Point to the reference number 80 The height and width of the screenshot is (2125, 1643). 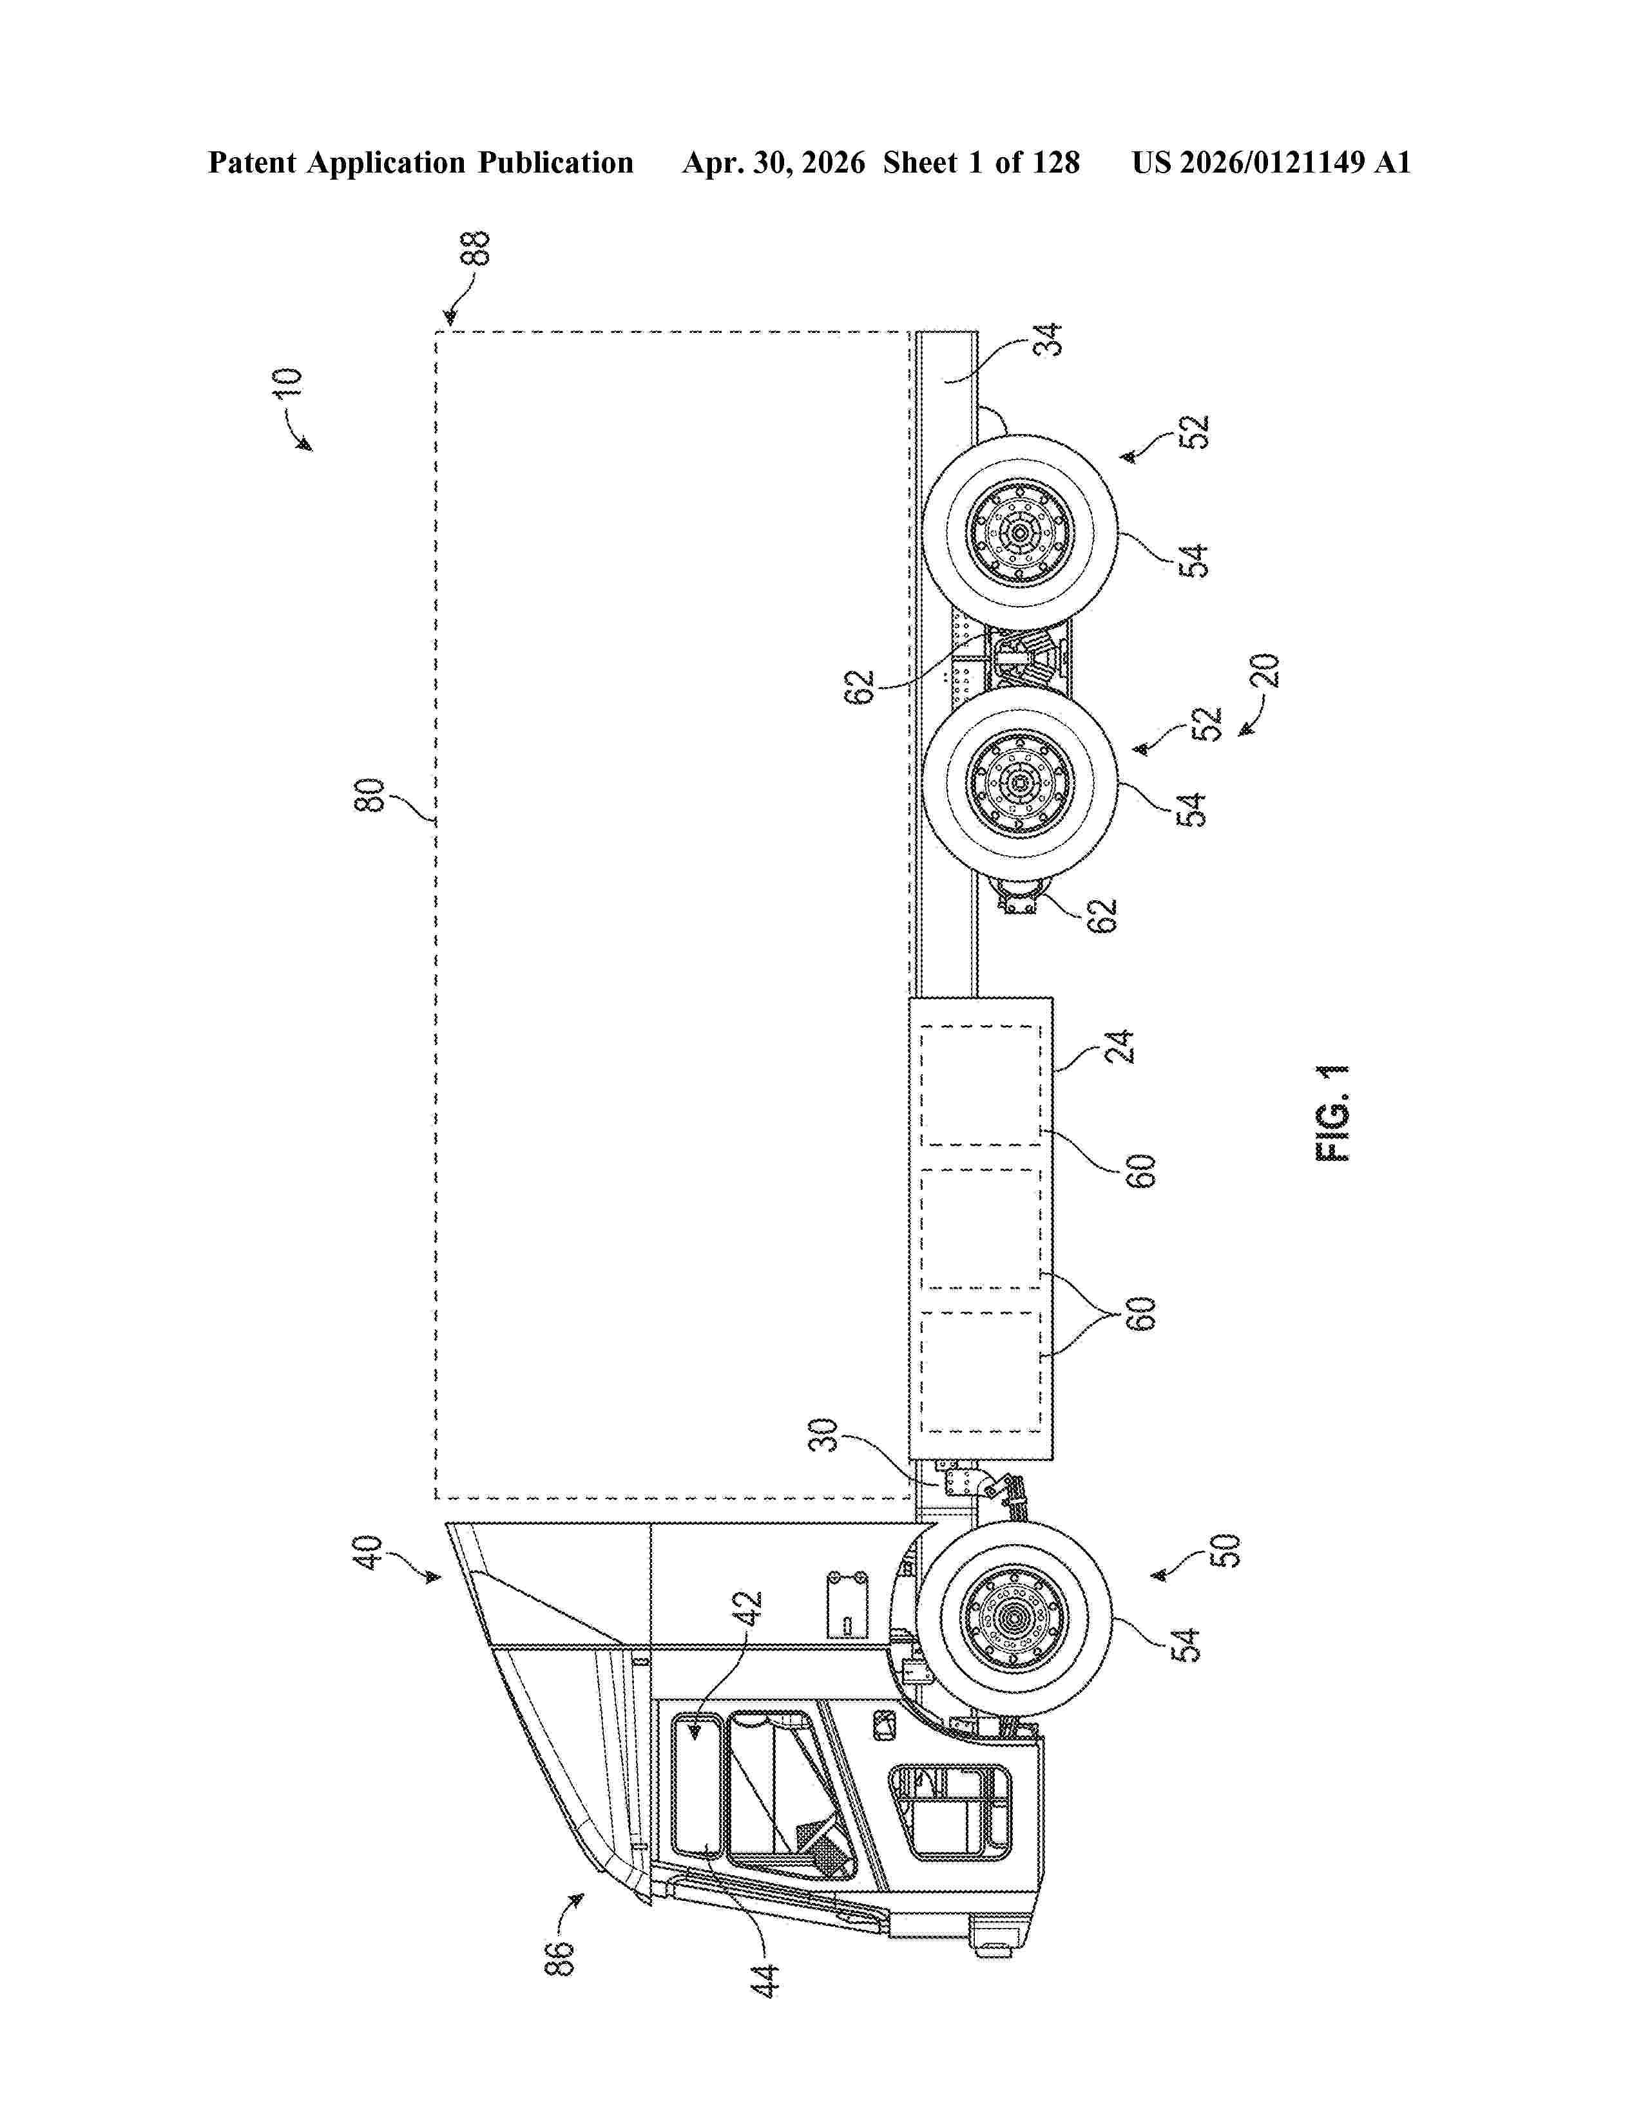(x=371, y=795)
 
